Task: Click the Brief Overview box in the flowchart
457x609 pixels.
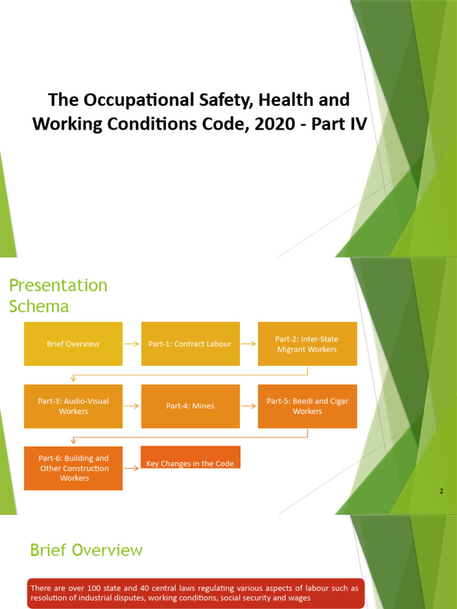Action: (73, 344)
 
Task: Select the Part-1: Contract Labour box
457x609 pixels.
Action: (190, 344)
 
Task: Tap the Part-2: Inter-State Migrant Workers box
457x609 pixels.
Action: (307, 344)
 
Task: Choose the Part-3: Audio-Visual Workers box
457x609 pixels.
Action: (73, 406)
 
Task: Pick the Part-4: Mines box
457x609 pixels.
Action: (190, 406)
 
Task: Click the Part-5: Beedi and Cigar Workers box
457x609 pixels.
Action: (307, 406)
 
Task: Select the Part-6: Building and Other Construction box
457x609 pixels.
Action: (73, 468)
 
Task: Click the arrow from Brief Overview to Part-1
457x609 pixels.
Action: (132, 344)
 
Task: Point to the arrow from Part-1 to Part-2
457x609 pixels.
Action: (248, 344)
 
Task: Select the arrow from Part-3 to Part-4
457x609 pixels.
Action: (132, 406)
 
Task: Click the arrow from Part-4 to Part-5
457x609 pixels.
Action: (248, 406)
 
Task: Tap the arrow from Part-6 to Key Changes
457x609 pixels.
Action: (132, 468)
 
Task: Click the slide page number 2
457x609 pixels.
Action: (441, 491)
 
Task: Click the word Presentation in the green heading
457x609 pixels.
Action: (58, 285)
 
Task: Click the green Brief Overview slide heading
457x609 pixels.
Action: (86, 550)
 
